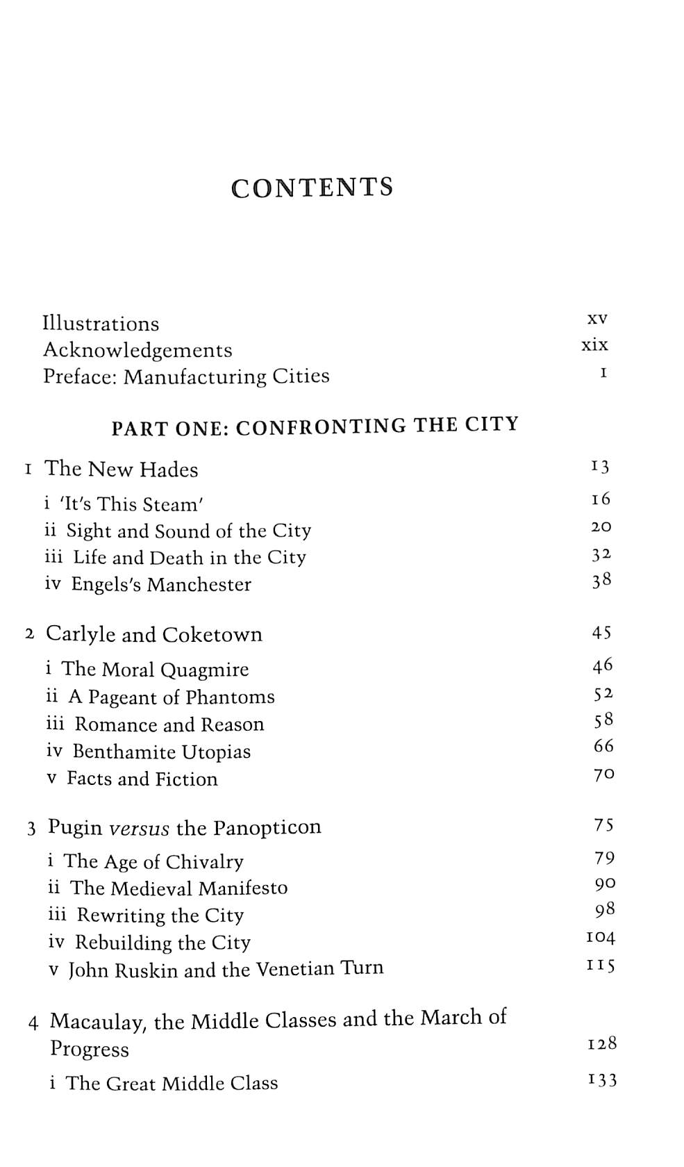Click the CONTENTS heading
(312, 188)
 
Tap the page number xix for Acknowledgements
(594, 345)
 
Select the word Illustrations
(101, 324)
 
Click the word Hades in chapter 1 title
(169, 470)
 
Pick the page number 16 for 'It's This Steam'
(601, 499)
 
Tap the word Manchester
(199, 584)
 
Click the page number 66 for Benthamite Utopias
(603, 746)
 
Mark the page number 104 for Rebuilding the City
(601, 938)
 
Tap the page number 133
(602, 1080)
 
